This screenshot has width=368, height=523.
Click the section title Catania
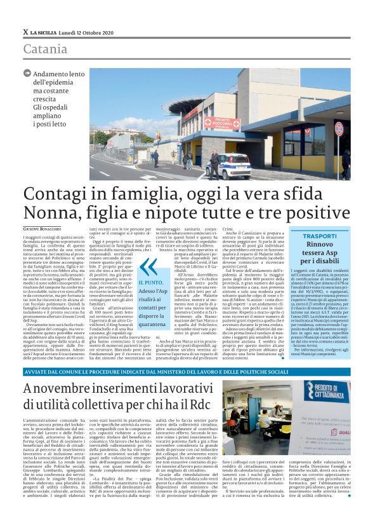pos(46,49)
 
